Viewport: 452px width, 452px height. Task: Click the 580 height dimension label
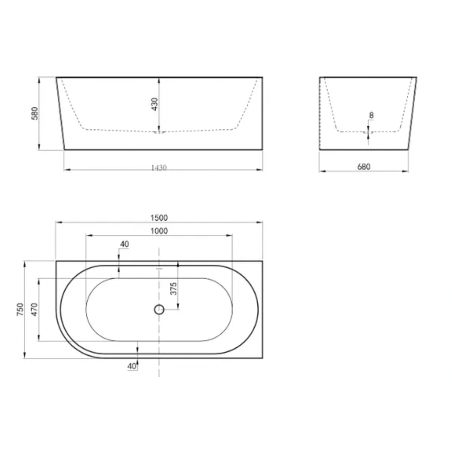(x=35, y=113)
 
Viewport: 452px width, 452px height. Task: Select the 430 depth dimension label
(x=154, y=104)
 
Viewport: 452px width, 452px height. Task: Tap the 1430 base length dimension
(x=159, y=168)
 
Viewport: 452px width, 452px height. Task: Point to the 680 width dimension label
(x=364, y=167)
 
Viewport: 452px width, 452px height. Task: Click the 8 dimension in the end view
(x=371, y=115)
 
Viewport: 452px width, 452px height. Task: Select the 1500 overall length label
(x=159, y=218)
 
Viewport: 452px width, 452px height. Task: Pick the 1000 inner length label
(x=159, y=231)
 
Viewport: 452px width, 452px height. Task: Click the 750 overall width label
(x=20, y=309)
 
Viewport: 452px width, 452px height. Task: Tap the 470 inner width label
(x=34, y=309)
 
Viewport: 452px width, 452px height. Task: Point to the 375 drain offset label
(x=173, y=289)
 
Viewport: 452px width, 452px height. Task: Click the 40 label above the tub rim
(x=124, y=244)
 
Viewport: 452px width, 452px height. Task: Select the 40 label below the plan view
(x=132, y=366)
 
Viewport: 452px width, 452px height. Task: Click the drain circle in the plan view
(x=159, y=309)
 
